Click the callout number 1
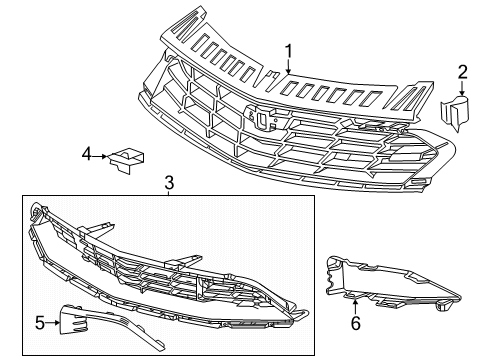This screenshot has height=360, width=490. tap(288, 52)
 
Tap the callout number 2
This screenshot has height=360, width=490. tap(462, 72)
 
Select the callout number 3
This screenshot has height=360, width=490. tap(169, 183)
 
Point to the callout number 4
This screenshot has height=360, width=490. tap(87, 154)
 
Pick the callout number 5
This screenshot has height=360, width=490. tap(40, 323)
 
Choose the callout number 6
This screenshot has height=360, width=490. tap(356, 323)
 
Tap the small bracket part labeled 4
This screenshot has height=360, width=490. tap(126, 160)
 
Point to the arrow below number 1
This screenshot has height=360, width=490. tap(288, 67)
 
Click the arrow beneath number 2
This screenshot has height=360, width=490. tap(462, 88)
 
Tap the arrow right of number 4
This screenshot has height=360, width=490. tap(100, 156)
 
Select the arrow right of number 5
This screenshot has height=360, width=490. tap(53, 322)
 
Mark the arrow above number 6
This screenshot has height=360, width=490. tap(355, 307)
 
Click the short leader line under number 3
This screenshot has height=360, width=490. tap(169, 193)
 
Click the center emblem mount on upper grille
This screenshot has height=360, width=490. tap(261, 117)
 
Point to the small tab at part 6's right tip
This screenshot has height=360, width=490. tap(444, 305)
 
